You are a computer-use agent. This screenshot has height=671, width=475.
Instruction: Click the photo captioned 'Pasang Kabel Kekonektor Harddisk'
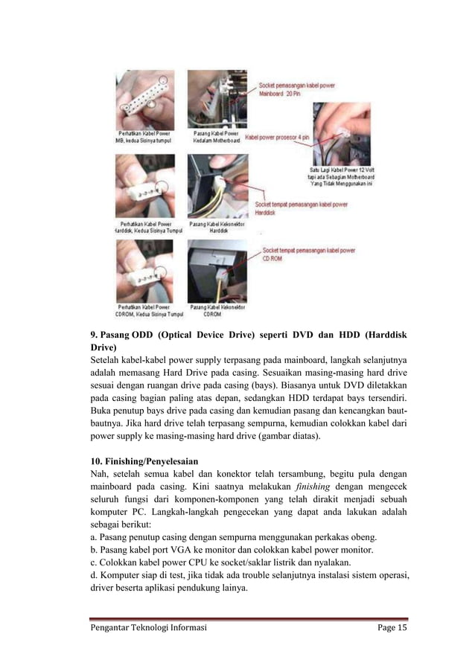pos(217,185)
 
